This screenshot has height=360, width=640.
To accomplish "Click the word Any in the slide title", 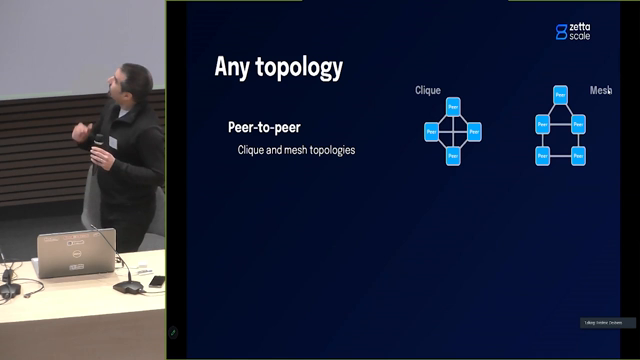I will pos(234,67).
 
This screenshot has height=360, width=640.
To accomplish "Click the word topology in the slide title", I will pos(299,68).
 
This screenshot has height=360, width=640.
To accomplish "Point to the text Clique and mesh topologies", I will pos(296,150).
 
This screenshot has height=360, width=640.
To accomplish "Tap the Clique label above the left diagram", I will pos(428,91).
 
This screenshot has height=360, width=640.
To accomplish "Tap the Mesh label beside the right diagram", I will pos(600,90).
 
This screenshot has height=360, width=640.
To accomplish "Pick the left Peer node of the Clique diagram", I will pos(431,131).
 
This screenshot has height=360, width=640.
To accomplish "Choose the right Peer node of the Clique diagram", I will pos(475,131).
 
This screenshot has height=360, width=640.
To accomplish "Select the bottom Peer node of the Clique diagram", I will pos(453,155).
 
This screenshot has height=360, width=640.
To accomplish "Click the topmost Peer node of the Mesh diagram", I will pos(560,95).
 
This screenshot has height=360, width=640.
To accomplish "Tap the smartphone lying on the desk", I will pos(156,282).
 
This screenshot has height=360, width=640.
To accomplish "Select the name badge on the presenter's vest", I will pos(112,143).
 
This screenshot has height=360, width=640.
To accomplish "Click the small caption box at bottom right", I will pos(606,322).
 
